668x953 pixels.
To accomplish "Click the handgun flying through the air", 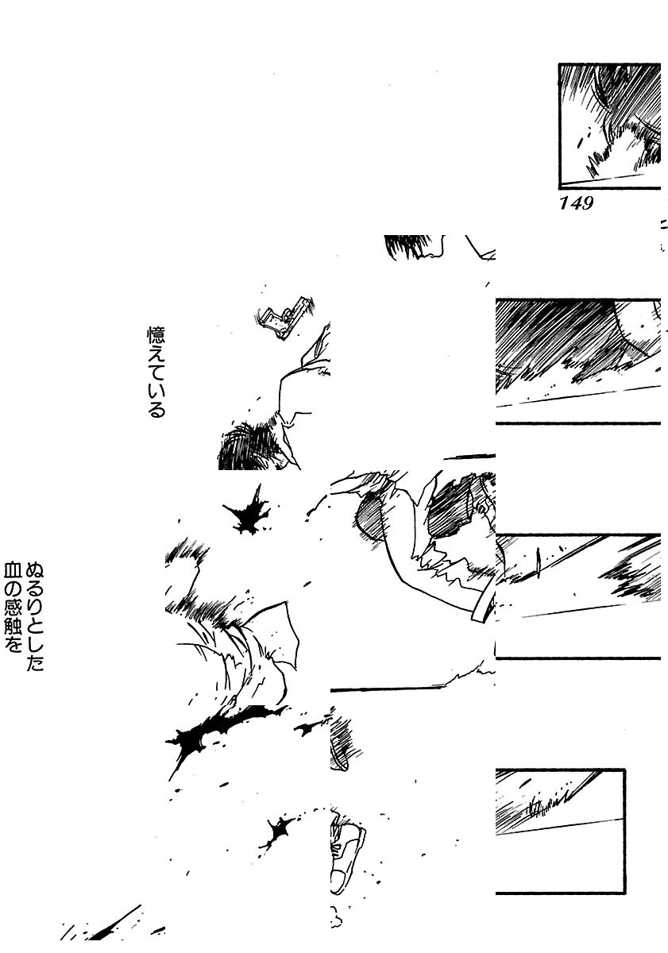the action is tap(284, 317).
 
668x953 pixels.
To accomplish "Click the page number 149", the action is tap(577, 203).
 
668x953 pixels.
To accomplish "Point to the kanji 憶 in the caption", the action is tap(156, 335).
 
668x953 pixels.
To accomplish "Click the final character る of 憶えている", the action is tap(156, 409).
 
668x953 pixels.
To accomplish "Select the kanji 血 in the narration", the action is tap(13, 570).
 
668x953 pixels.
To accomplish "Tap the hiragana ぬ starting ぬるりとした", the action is tap(35, 570).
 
